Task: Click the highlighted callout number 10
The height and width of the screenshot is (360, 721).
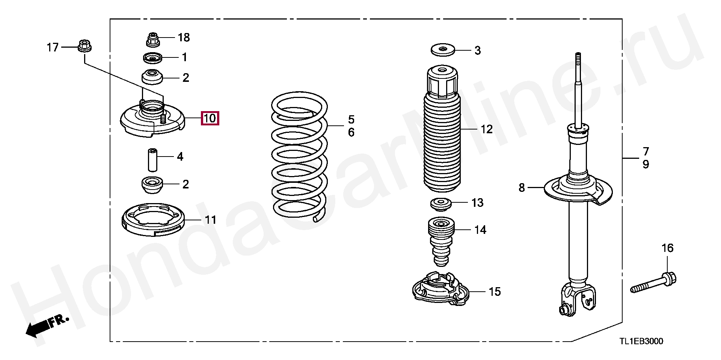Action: point(210,118)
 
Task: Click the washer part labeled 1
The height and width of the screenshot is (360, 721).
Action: point(152,58)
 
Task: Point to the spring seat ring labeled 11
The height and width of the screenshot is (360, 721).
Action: point(153,220)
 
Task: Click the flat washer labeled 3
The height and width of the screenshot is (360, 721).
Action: point(442,50)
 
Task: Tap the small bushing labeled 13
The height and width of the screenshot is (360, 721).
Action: point(440,204)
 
